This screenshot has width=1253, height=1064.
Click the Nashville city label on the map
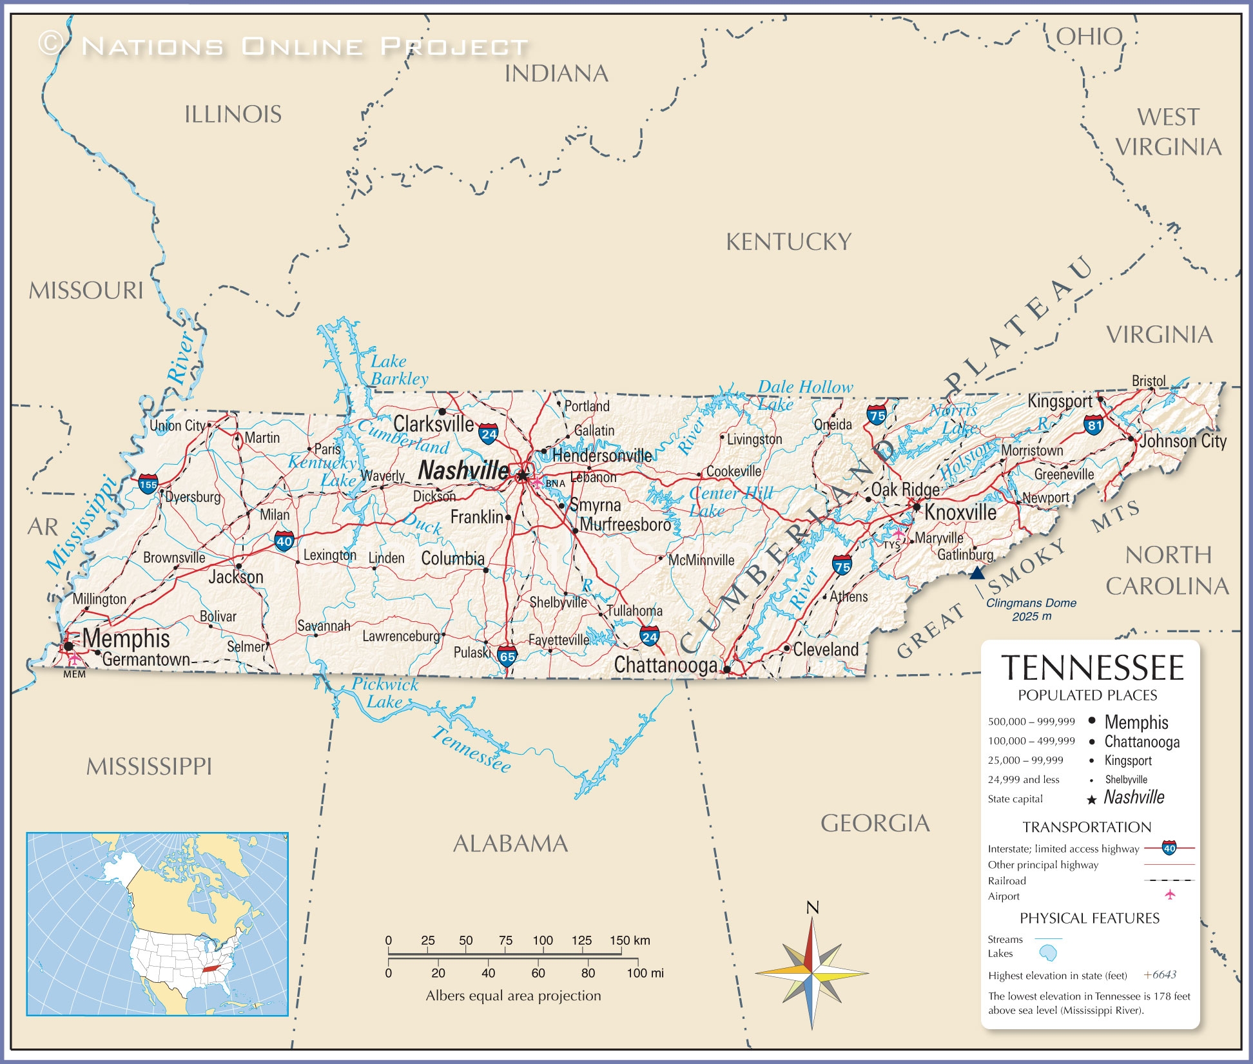[x=463, y=470]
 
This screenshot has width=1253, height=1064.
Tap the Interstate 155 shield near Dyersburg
[x=148, y=484]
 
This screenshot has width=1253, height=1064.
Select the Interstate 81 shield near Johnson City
[x=1094, y=425]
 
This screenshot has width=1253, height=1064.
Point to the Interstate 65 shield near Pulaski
[x=507, y=656]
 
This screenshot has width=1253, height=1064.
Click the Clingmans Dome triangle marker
[x=977, y=573]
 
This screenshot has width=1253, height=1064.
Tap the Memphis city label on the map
[x=126, y=639]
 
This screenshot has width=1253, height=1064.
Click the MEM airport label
[x=74, y=674]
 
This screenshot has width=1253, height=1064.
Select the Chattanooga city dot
[x=727, y=670]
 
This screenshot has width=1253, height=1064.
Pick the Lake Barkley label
[x=398, y=370]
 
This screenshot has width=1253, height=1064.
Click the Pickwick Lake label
[x=385, y=693]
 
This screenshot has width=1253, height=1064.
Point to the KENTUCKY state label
[x=788, y=242]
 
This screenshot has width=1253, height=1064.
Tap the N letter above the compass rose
[x=813, y=907]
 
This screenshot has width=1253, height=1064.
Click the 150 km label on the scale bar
[x=630, y=940]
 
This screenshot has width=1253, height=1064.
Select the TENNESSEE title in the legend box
[x=1093, y=668]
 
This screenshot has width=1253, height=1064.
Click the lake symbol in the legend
[x=1048, y=953]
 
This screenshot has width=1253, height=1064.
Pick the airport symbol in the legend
[x=1170, y=895]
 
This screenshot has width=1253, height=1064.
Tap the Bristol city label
[x=1149, y=381]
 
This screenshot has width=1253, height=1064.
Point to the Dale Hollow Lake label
[x=804, y=395]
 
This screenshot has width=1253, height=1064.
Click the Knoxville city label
[x=960, y=512]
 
